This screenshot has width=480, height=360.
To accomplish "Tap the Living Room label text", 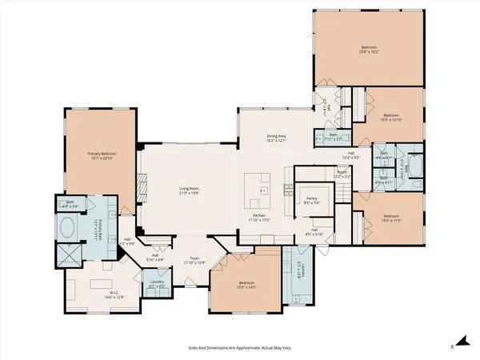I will pyautogui.click(x=189, y=190).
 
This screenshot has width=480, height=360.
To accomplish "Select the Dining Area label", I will pyautogui.click(x=276, y=138).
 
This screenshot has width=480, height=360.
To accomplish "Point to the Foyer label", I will pyautogui.click(x=193, y=260).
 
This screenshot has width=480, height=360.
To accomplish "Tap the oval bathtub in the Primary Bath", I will pyautogui.click(x=69, y=225).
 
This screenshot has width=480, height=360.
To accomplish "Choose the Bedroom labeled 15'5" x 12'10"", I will pyautogui.click(x=390, y=117).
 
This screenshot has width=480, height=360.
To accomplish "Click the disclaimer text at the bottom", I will pyautogui.click(x=238, y=349).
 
